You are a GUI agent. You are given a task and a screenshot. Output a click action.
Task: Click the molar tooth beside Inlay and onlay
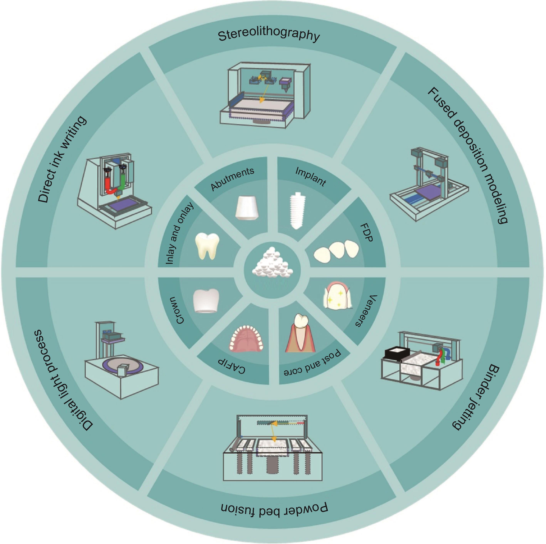(x=207, y=245)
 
